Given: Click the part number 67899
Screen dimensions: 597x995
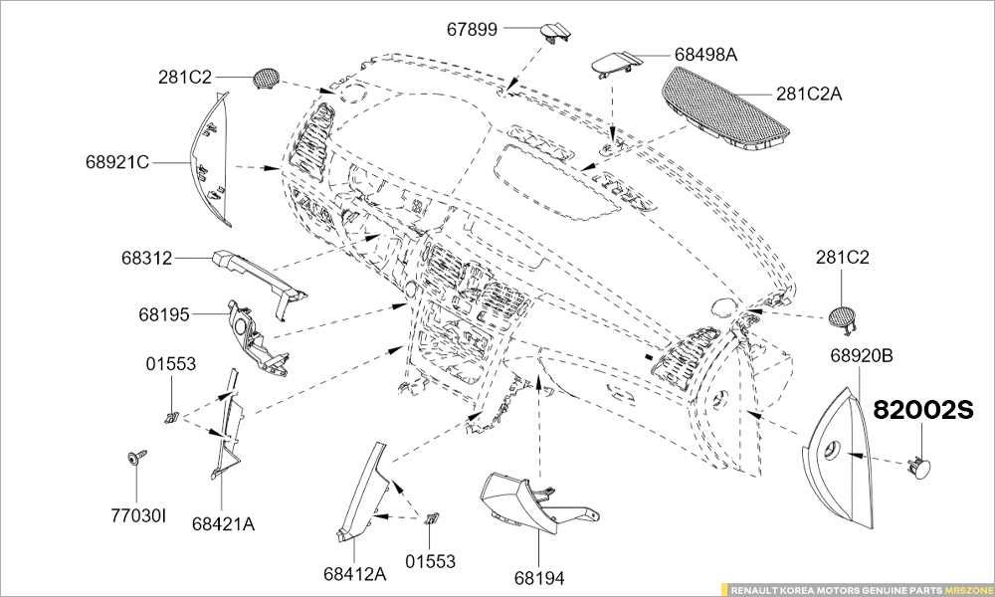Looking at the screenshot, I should click(x=472, y=29).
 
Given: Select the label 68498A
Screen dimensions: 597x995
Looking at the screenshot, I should click(x=705, y=54).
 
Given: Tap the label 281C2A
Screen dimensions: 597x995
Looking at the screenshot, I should click(x=809, y=94).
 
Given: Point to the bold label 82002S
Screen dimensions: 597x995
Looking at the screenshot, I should click(x=921, y=410).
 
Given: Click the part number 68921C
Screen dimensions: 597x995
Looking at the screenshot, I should click(x=117, y=160).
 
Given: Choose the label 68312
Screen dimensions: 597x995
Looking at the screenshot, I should click(x=147, y=259).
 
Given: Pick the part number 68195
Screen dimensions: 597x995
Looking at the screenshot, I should click(x=164, y=314).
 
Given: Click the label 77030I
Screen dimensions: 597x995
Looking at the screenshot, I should click(x=138, y=515).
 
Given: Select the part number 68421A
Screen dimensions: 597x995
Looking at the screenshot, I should click(x=223, y=523).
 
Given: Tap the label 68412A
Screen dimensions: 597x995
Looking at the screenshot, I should click(x=354, y=574).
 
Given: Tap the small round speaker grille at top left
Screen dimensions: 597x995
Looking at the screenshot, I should click(x=267, y=79).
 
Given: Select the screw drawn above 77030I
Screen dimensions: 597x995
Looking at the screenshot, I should click(x=131, y=459).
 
